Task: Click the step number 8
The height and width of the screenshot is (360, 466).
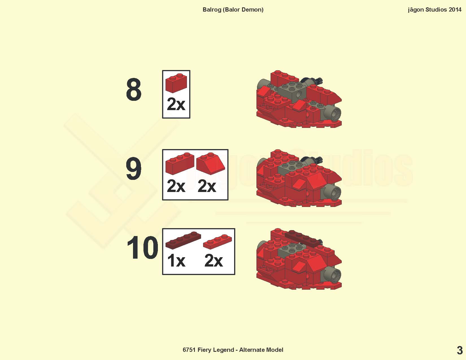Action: click(x=134, y=90)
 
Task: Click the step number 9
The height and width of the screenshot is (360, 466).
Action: click(x=133, y=169)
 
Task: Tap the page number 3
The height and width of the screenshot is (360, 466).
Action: click(x=460, y=351)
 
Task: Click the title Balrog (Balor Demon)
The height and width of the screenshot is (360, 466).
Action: click(x=233, y=10)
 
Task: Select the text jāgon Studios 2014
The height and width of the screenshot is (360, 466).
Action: click(x=435, y=10)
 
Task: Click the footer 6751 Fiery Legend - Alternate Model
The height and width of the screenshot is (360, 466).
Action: click(x=233, y=350)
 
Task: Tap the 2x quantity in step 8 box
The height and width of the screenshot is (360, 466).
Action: click(x=176, y=104)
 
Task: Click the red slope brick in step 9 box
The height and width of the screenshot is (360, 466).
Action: click(x=210, y=163)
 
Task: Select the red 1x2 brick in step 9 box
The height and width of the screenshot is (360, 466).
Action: click(x=180, y=163)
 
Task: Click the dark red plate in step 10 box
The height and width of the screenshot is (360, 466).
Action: click(x=183, y=240)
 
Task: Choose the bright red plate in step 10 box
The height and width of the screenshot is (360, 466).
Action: click(x=217, y=242)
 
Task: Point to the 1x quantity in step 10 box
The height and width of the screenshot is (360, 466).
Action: click(x=176, y=261)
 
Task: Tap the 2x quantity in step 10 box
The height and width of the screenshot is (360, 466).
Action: click(x=214, y=261)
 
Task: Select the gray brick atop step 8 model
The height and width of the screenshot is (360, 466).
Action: click(x=292, y=91)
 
